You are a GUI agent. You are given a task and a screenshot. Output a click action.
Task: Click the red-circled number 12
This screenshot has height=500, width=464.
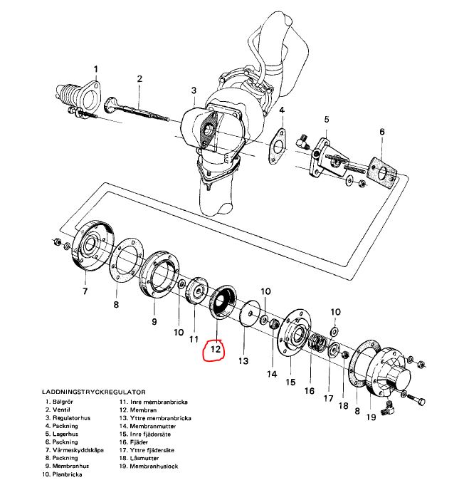pos(216,349)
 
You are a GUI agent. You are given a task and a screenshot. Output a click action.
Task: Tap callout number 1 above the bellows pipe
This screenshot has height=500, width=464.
pos(96,69)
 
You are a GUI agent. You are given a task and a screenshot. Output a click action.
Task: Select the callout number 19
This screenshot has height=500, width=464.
pos(371,417)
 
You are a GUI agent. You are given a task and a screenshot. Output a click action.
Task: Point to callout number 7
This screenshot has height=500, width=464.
pos(85,291)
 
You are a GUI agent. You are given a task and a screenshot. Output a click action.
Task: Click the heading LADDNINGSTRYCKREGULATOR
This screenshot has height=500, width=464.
pos(94,392)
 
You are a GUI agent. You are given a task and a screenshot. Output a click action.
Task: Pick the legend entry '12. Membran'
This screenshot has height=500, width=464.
pos(138,410)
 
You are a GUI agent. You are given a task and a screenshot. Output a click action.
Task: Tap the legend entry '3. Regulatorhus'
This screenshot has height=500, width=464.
pos(68,417)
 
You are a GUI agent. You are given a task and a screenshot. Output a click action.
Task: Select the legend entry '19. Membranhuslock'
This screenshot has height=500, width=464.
pos(149,467)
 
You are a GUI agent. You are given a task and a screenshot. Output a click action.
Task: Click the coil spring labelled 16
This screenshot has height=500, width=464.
pos(318,342)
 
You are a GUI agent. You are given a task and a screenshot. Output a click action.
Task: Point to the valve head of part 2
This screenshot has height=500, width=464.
pos(110,105)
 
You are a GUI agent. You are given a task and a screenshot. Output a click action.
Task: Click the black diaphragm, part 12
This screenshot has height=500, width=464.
pos(223,301)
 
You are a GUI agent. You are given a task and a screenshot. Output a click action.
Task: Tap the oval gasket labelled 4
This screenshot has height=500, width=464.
pos(278,146)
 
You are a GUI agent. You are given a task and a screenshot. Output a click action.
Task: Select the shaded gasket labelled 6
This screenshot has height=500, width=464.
pos(383,172)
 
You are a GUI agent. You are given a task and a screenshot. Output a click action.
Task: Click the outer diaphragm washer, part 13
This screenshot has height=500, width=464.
pos(250,313)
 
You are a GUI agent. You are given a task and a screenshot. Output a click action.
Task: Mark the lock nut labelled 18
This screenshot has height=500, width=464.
pos(344,355)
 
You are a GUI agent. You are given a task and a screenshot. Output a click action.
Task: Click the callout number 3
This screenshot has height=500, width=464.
pos(194,90)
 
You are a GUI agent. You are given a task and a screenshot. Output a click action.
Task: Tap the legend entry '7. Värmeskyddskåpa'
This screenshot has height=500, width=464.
pos(75,450)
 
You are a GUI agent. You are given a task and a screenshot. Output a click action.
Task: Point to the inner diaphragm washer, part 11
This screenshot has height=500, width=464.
pos(196,291)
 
